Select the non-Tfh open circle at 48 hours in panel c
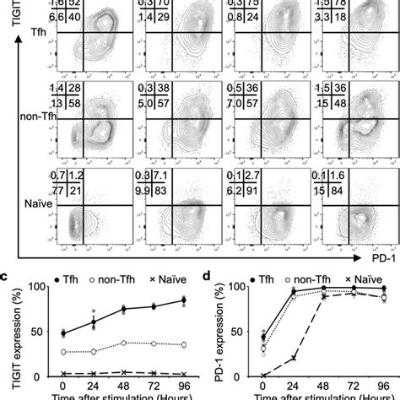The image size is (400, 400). [125, 343]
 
